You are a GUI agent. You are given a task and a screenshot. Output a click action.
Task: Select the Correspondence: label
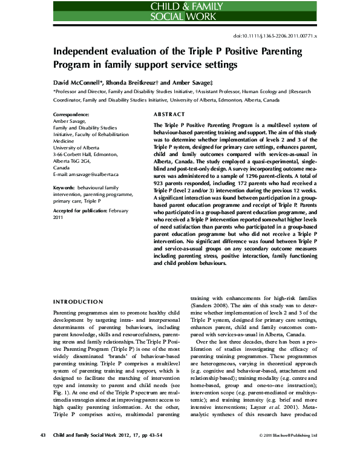[72, 114]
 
